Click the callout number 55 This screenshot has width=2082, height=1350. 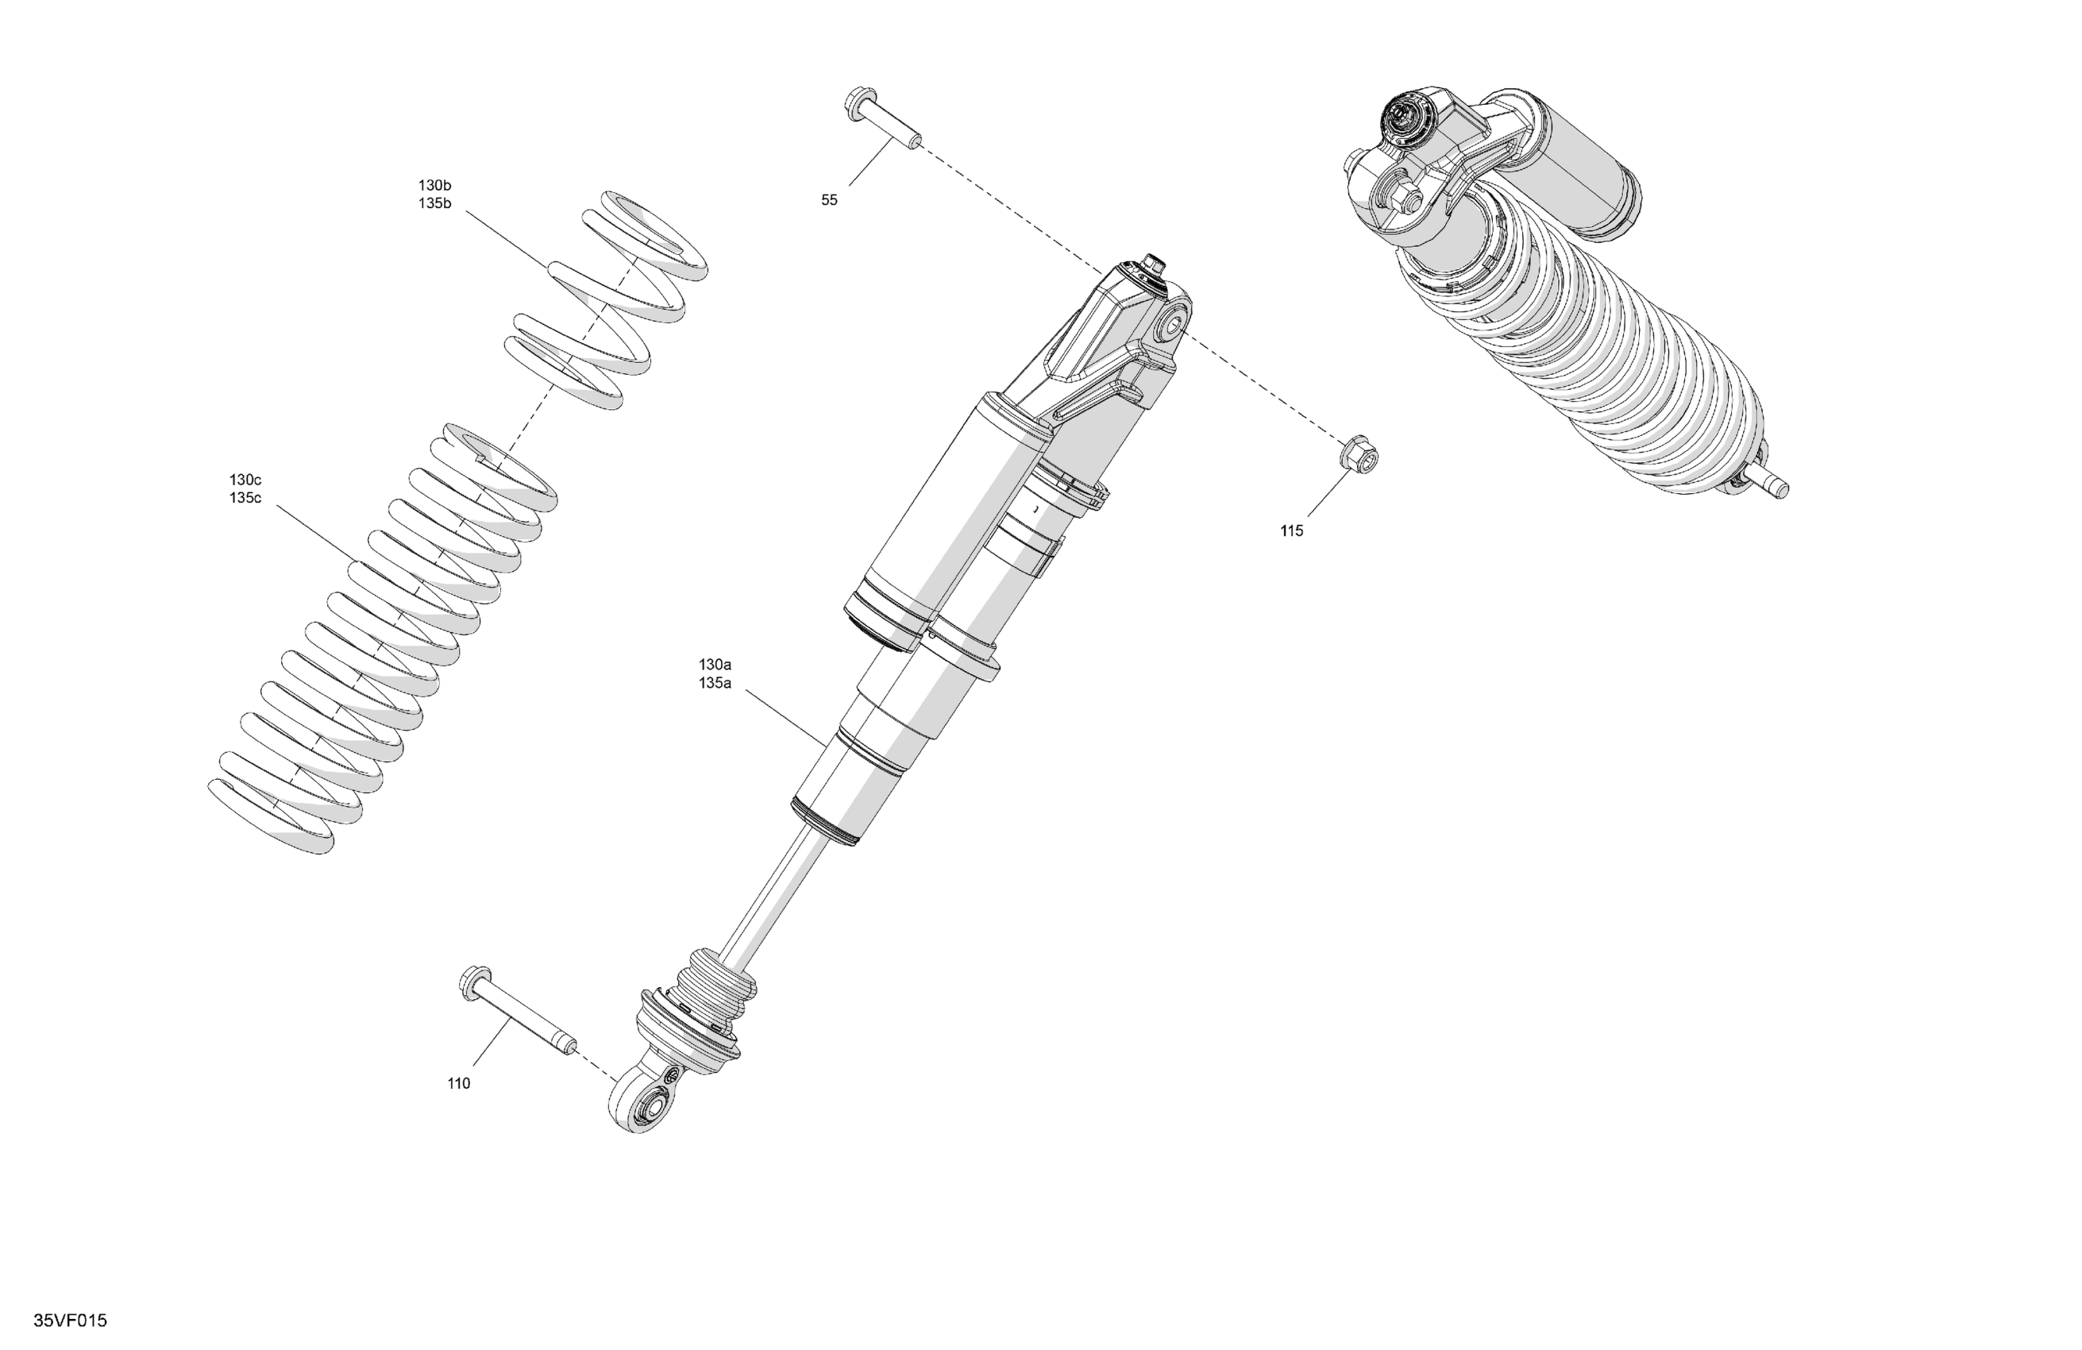(829, 200)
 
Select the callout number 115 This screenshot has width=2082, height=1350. (1291, 531)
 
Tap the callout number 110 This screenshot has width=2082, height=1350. (458, 1084)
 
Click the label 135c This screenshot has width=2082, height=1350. (245, 499)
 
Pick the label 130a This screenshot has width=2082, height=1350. (715, 665)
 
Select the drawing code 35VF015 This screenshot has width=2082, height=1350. (70, 1321)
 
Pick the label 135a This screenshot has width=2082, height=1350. (715, 683)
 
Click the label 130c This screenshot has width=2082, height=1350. (245, 480)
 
